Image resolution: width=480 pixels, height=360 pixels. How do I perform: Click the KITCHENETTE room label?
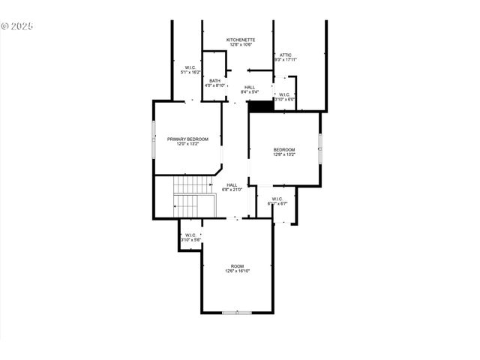pos(241,39)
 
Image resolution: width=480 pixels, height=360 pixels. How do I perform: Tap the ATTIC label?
pos(286,54)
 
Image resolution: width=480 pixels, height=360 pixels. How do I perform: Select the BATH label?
pos(215,80)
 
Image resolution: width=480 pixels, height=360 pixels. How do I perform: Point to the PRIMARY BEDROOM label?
pos(187,139)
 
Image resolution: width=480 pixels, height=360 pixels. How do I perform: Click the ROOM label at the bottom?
pos(237,266)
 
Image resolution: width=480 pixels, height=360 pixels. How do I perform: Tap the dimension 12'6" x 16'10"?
pos(237,271)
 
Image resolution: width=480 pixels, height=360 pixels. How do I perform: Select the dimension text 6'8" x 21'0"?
pos(232,190)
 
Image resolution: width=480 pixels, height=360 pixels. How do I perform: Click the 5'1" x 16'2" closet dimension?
pos(190,73)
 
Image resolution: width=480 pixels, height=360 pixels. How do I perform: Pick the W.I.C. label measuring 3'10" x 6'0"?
pos(285,94)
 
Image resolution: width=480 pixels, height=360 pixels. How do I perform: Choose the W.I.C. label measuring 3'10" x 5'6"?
pos(190,235)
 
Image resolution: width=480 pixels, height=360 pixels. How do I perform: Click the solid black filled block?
pos(259,106)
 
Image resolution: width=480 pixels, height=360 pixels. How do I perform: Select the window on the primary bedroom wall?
pos(154,139)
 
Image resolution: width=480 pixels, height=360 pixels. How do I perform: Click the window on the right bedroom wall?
pos(320,148)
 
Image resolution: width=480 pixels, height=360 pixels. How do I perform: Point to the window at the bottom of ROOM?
pos(237,312)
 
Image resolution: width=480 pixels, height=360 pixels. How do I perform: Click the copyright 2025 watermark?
pos(17,25)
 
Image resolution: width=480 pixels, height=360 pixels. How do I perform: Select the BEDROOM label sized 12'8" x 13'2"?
pos(283,150)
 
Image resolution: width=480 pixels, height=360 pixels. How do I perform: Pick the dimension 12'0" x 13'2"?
pos(187,144)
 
